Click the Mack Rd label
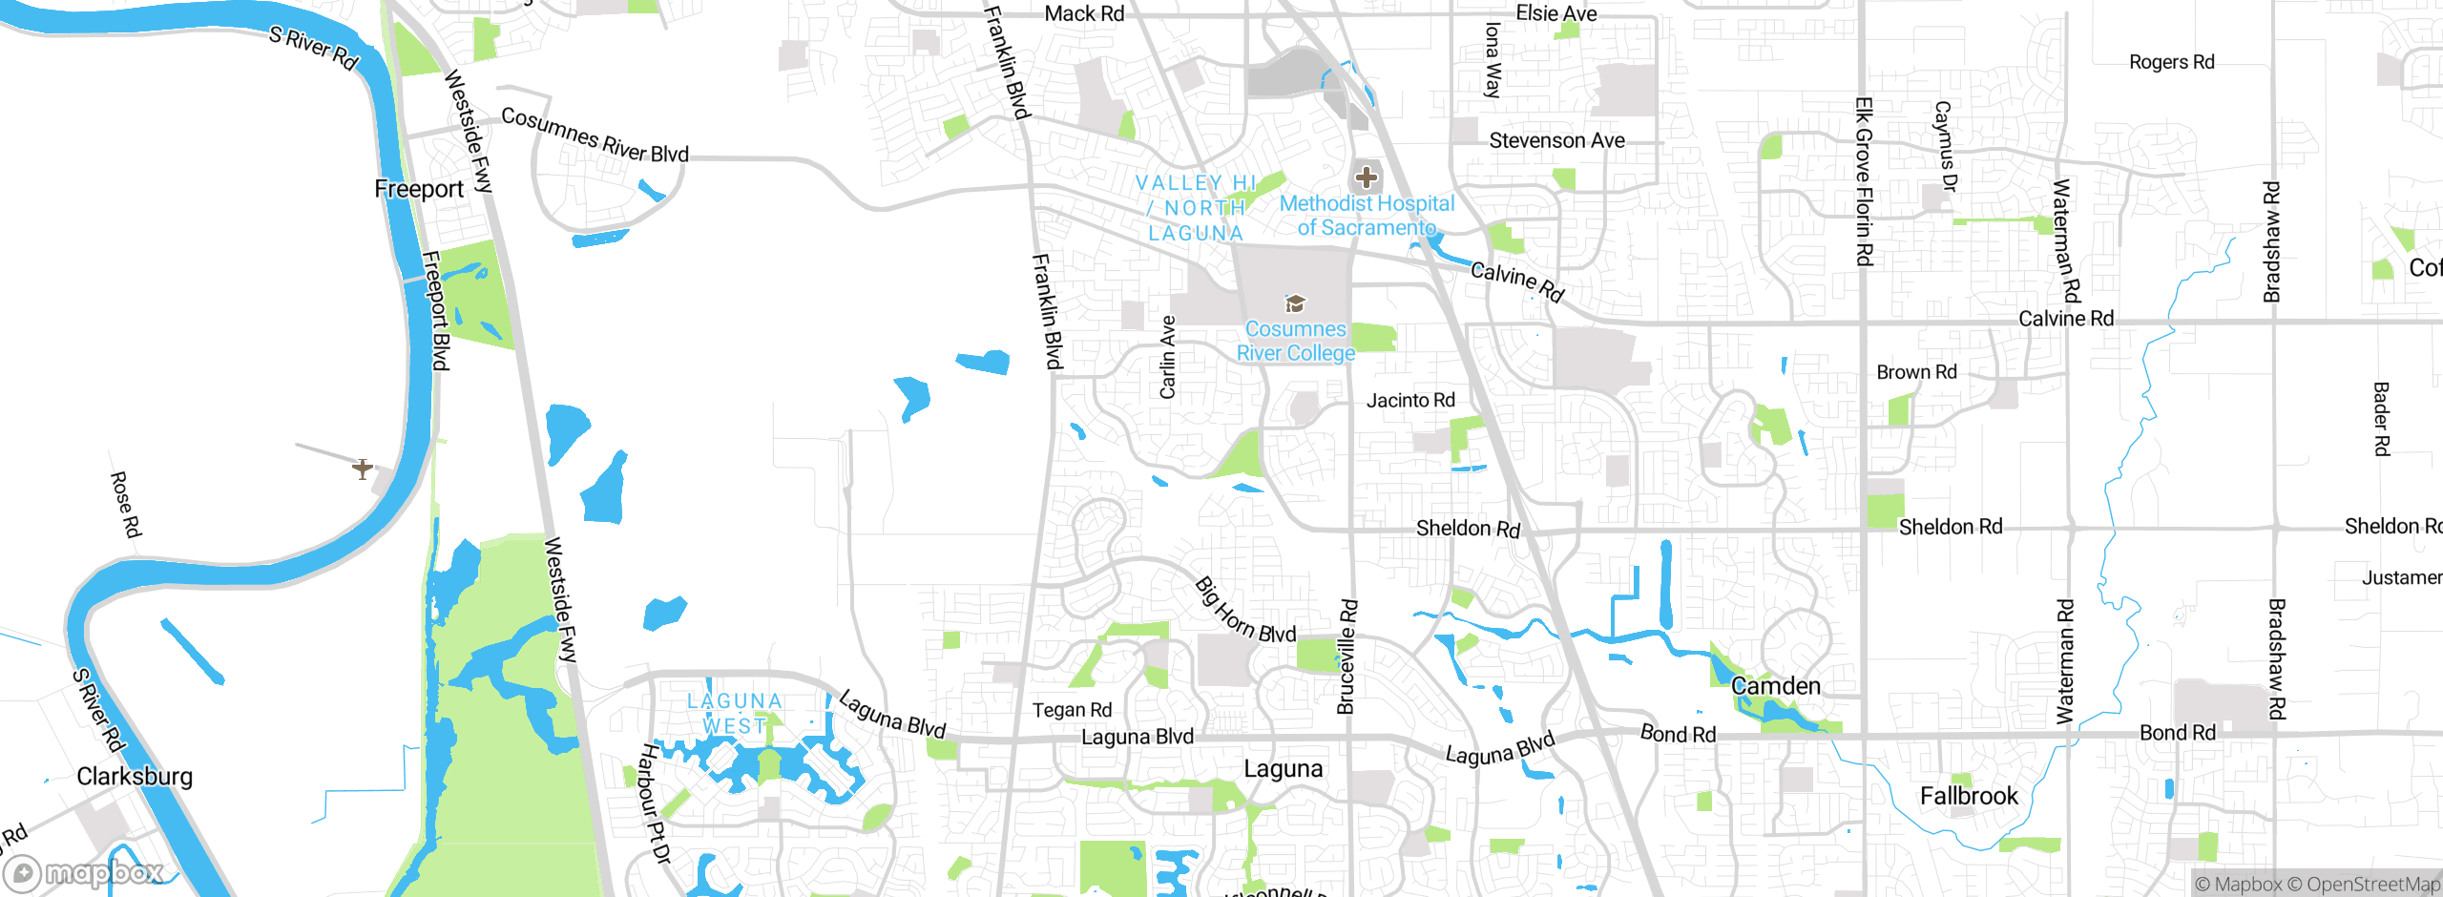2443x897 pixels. tap(1084, 13)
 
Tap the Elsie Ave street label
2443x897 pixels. tap(1556, 13)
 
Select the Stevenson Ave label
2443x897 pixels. tap(1556, 140)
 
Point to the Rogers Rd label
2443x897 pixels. tap(2171, 62)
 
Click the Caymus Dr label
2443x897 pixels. tap(1944, 147)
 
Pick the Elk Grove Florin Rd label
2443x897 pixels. tap(1864, 181)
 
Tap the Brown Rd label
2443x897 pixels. tap(1916, 372)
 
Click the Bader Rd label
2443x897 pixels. tap(2382, 419)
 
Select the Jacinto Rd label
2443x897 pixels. tap(1410, 400)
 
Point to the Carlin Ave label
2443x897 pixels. tap(1167, 357)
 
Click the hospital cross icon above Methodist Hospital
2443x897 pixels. tap(1367, 177)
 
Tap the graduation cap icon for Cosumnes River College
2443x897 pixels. tap(1295, 303)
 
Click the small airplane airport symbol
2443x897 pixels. tap(363, 469)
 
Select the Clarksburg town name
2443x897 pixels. tap(135, 776)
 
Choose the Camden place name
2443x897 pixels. tap(1775, 686)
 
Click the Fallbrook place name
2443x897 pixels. tap(1969, 796)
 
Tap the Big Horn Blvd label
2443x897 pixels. tap(1244, 612)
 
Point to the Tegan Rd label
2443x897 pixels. tap(1072, 710)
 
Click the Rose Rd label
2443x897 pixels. tap(125, 504)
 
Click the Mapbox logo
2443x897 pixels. tap(84, 873)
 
